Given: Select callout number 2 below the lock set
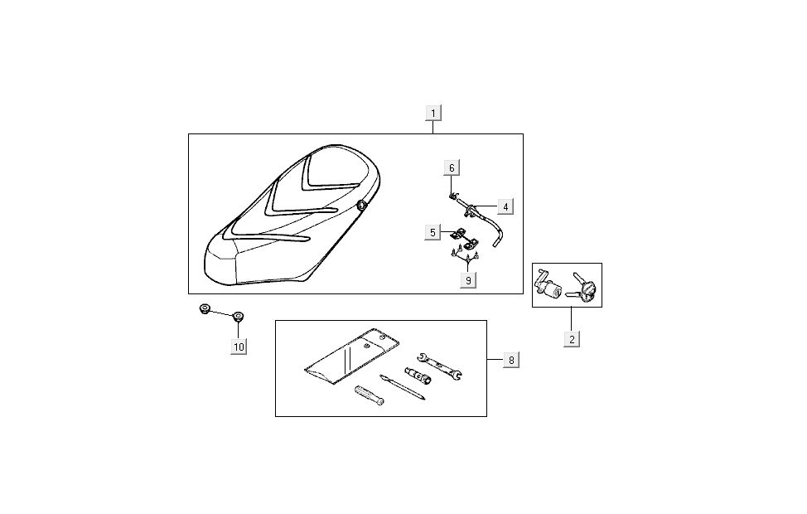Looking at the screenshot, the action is (x=572, y=339).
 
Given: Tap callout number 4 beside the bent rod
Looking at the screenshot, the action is (x=505, y=207).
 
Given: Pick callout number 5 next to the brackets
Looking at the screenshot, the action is (x=432, y=233).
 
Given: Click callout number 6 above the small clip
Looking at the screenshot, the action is (x=452, y=168).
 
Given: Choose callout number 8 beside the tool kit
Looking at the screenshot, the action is (x=511, y=360).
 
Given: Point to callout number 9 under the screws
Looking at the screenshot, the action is (x=468, y=280).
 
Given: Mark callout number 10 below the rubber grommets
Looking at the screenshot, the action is (x=239, y=347).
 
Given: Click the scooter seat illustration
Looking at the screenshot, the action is (x=293, y=213).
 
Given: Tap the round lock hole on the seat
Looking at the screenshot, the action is (x=362, y=205).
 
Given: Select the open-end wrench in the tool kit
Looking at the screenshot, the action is (x=439, y=366).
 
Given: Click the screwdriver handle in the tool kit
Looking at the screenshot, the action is (x=369, y=395).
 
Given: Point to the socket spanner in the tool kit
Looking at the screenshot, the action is (x=418, y=375).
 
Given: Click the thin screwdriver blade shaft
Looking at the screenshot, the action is (x=403, y=387).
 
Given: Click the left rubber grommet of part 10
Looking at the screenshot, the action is (x=205, y=309).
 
